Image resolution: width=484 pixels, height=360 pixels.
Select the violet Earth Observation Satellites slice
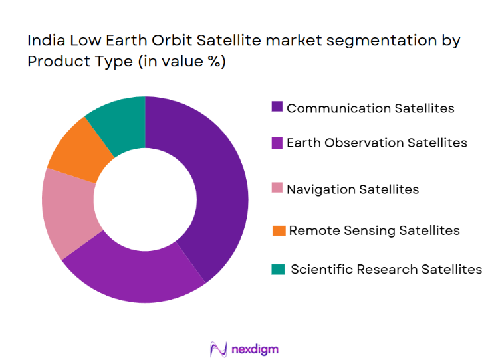tap(133, 272)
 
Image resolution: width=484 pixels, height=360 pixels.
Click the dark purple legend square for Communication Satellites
tap(277, 107)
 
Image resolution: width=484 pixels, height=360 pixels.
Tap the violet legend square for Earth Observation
tap(277, 142)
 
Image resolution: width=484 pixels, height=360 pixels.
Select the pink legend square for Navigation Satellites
tap(277, 189)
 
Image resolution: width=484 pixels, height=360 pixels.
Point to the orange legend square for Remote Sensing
tap(279, 230)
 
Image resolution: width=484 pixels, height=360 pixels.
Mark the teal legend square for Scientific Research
tap(279, 269)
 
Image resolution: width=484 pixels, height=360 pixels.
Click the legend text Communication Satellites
tap(370, 108)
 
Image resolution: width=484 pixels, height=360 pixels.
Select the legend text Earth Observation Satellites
tap(376, 143)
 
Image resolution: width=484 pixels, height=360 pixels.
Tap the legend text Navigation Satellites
tap(352, 189)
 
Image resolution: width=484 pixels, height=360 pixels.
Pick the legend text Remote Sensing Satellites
tap(374, 230)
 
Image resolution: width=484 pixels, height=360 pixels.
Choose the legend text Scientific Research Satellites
tap(386, 269)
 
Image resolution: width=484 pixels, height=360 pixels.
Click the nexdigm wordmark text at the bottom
tap(255, 348)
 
